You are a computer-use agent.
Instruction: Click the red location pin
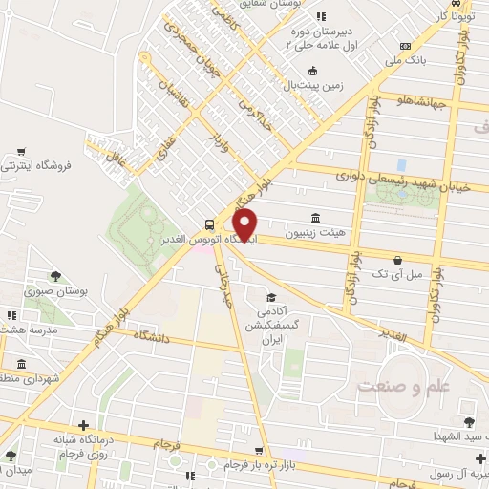(x=246, y=224)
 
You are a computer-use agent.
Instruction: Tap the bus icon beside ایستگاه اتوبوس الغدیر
(x=209, y=223)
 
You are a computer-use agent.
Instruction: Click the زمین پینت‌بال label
(x=311, y=86)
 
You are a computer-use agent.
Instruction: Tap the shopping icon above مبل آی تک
(x=397, y=259)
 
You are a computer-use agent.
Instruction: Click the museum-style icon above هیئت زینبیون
(x=315, y=217)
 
